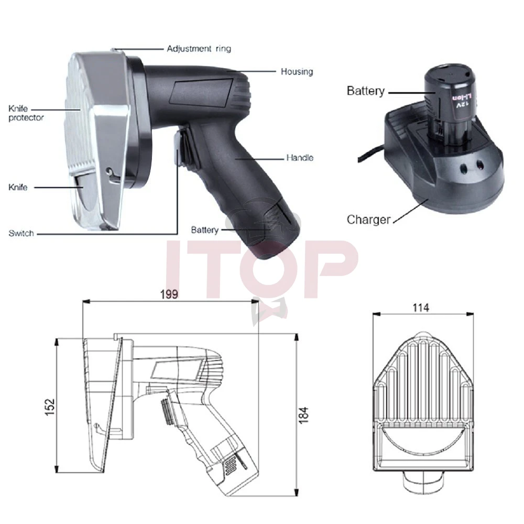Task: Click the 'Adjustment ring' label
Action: click(x=199, y=49)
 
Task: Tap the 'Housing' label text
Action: click(x=297, y=71)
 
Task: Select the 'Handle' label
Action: click(x=300, y=158)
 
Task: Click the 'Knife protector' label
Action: click(x=26, y=113)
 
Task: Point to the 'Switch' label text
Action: click(x=21, y=233)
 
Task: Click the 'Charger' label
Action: click(x=368, y=220)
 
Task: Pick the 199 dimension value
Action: click(x=169, y=294)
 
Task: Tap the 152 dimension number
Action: click(x=50, y=407)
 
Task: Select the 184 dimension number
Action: click(x=303, y=416)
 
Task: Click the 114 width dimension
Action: click(x=421, y=308)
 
